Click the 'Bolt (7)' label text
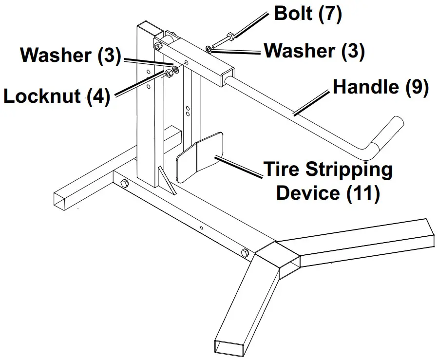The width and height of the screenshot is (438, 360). click(x=308, y=14)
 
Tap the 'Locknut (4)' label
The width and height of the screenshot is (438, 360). click(x=57, y=96)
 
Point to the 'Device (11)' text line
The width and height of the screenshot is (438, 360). click(x=327, y=192)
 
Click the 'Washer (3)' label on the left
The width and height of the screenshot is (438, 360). click(x=70, y=56)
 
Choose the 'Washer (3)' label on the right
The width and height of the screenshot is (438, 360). click(x=314, y=51)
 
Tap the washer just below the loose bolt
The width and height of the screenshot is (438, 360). click(x=209, y=49)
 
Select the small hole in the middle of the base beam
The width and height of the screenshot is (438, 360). click(x=201, y=227)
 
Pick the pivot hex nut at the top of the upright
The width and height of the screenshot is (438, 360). click(x=157, y=47)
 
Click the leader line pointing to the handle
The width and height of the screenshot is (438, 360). click(x=312, y=103)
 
